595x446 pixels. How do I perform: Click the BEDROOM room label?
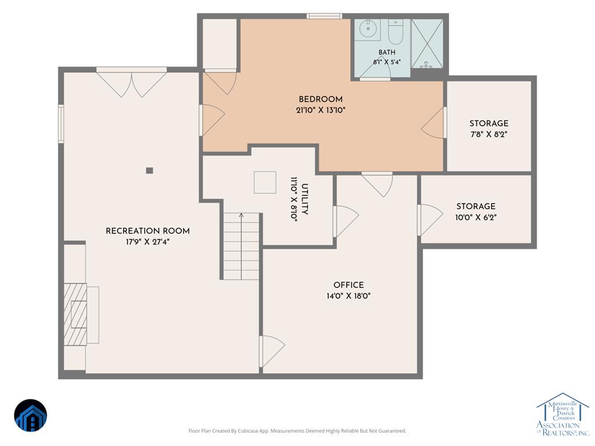click(x=321, y=99)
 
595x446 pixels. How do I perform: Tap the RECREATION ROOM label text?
click(x=148, y=231)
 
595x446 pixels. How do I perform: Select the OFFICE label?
click(x=349, y=285)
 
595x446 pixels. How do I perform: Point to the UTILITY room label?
click(x=304, y=199)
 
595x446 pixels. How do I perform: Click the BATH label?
click(x=386, y=52)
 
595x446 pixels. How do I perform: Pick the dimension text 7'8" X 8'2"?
click(x=489, y=134)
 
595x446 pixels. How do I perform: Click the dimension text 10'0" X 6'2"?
click(x=476, y=218)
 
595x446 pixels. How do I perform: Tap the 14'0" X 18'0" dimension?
click(x=349, y=296)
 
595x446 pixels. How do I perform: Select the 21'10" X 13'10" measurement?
click(x=321, y=111)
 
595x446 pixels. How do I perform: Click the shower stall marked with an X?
click(x=427, y=44)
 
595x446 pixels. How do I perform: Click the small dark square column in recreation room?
click(x=149, y=171)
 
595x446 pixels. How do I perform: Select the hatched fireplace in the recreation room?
click(x=75, y=314)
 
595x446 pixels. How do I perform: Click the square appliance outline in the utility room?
click(x=265, y=182)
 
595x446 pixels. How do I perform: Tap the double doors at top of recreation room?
click(x=131, y=84)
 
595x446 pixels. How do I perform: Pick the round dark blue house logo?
click(x=31, y=416)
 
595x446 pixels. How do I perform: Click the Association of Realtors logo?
click(x=563, y=414)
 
